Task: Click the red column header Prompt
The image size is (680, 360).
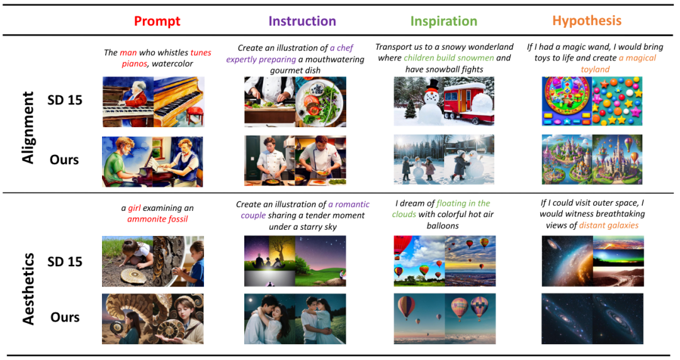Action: (157, 21)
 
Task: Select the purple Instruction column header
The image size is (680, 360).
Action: (302, 21)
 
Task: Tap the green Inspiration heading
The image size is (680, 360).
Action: (444, 21)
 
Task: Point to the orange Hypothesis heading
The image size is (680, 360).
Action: (587, 21)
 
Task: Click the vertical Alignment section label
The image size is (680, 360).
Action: (28, 128)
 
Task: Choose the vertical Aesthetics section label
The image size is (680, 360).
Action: (28, 289)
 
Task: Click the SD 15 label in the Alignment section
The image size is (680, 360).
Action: (65, 100)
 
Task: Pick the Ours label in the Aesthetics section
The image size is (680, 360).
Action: (65, 317)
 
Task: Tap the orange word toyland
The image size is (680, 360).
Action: (595, 69)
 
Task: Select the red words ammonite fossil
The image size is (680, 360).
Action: (157, 219)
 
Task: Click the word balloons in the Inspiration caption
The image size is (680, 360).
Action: (443, 226)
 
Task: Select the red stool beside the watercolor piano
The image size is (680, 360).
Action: (195, 115)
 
